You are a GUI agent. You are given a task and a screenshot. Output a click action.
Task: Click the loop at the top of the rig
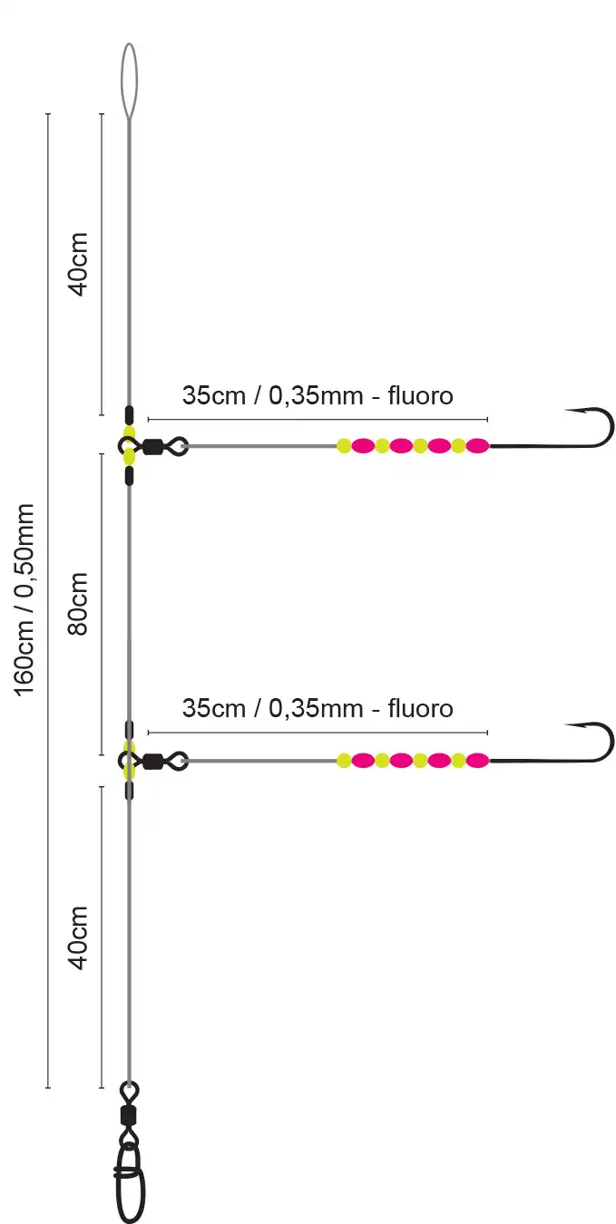pyautogui.click(x=130, y=76)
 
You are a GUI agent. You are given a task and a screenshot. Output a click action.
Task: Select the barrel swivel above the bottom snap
pyautogui.click(x=129, y=1114)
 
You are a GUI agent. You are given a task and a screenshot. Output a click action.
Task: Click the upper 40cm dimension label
pyautogui.click(x=79, y=264)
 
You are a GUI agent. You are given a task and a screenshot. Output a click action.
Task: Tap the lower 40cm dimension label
pyautogui.click(x=79, y=937)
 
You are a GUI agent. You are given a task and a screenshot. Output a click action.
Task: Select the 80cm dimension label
pyautogui.click(x=79, y=603)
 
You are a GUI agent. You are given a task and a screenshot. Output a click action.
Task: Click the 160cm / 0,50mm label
pyautogui.click(x=24, y=599)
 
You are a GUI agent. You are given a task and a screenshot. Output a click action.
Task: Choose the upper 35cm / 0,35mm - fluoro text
pyautogui.click(x=318, y=395)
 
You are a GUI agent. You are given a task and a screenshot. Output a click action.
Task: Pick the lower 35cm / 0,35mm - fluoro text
pyautogui.click(x=318, y=707)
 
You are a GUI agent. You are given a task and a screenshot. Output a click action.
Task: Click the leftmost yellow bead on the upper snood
pyautogui.click(x=344, y=445)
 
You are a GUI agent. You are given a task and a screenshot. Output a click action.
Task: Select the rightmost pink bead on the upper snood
pyautogui.click(x=477, y=445)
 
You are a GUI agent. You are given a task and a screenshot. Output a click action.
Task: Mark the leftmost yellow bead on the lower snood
pyautogui.click(x=344, y=761)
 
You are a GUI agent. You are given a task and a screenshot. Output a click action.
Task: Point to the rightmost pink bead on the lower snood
pyautogui.click(x=477, y=761)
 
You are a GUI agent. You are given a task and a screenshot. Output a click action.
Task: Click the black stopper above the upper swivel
pyautogui.click(x=130, y=414)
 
